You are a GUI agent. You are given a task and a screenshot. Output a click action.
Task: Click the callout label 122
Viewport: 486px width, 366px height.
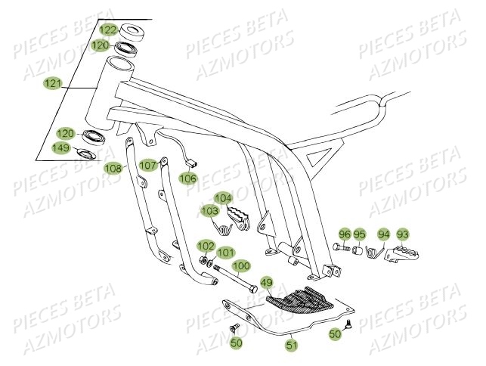coord(109,30)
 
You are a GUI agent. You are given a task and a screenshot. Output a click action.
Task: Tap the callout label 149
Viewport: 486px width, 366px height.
coord(61,147)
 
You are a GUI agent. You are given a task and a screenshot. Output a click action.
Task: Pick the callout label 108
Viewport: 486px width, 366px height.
coord(113,168)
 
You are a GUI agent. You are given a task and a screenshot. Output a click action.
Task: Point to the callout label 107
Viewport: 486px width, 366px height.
coord(148,165)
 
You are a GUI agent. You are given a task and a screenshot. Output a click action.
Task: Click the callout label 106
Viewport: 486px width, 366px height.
coord(187,178)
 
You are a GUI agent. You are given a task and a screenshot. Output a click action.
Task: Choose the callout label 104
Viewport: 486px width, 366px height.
coord(223,198)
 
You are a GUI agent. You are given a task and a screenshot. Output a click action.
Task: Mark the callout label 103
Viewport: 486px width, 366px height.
coord(209,211)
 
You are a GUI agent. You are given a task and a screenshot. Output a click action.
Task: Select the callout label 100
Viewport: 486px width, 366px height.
coord(240,266)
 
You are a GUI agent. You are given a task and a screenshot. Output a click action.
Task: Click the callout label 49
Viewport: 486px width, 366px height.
coord(266,284)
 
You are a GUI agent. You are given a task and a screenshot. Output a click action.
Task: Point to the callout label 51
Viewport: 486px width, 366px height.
coord(291,346)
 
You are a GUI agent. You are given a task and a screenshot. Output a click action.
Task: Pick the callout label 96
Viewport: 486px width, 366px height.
coord(345,234)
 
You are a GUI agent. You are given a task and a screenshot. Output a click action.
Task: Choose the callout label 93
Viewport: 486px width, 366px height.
coord(402,234)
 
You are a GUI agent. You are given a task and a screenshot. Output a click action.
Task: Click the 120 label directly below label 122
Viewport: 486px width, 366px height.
coord(100,45)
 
